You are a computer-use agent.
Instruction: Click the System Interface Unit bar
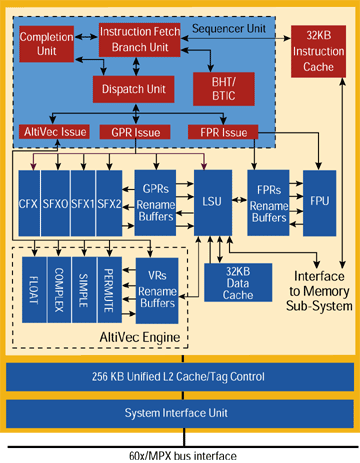coord(179,412)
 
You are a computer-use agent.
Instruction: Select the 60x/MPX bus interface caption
coord(179,454)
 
